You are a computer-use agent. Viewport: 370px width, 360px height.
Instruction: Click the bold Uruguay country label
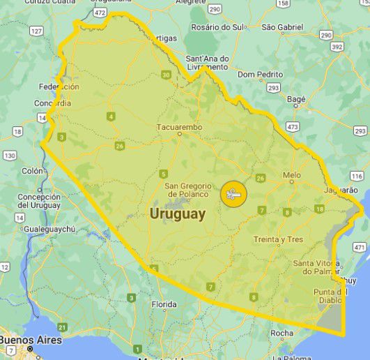coord(178,214)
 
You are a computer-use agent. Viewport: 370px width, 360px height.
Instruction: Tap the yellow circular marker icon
coord(233,194)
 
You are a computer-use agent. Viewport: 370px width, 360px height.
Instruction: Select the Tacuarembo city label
coord(179,127)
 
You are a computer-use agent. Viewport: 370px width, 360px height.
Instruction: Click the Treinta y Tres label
coord(279,239)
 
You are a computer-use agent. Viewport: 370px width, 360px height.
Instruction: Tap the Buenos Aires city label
coord(31,340)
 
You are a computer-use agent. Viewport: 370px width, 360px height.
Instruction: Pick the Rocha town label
coord(282,333)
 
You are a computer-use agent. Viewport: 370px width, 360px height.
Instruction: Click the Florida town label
coord(164,304)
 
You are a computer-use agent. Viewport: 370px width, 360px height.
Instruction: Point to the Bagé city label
coord(296,99)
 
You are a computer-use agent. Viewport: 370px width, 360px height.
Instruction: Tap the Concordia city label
coord(52,103)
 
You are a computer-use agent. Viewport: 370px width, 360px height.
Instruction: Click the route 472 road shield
coord(100,13)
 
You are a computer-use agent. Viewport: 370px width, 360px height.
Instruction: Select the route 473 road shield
coord(292,126)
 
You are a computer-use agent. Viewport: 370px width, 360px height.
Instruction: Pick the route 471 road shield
coord(360,247)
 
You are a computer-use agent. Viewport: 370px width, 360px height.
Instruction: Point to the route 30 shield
coord(166,75)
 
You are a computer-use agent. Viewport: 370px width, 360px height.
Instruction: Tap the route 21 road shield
coord(62,327)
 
